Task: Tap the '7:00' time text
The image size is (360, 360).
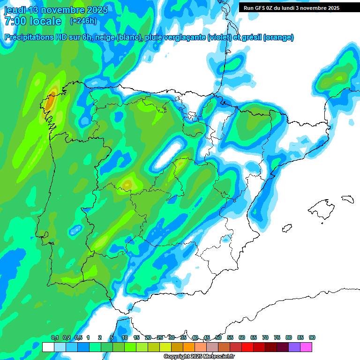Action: tap(16, 21)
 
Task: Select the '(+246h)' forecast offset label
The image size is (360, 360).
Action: tap(83, 21)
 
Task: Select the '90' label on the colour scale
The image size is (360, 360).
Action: tap(312, 338)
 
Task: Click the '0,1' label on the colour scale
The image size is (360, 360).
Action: tap(55, 338)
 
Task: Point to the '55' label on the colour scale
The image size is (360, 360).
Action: tap(230, 338)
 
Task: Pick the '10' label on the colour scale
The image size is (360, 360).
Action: tap(125, 338)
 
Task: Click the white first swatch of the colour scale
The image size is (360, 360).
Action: tap(48, 347)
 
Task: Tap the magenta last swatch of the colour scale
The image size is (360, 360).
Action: tap(306, 347)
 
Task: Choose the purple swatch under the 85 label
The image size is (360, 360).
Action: tap(294, 347)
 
